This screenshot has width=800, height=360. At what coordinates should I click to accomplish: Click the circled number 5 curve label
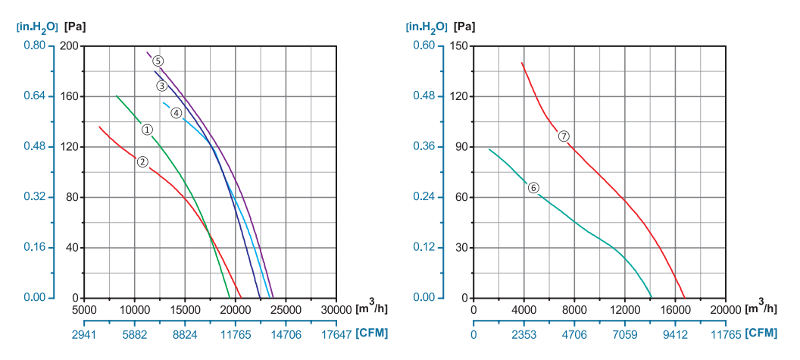158,61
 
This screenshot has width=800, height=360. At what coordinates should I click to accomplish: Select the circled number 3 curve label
161,86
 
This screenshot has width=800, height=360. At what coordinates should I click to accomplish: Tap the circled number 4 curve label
176,113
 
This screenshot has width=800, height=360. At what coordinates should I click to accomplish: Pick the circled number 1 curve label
148,130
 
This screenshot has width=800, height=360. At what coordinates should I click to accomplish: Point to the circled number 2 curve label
142,161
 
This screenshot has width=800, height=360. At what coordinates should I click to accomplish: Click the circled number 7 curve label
564,136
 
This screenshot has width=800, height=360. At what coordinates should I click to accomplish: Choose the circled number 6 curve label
533,187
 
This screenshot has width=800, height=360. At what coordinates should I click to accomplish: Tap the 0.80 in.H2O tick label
34,45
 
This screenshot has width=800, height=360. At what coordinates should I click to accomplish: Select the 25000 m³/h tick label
285,309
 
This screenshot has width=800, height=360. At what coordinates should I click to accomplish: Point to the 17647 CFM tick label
334,334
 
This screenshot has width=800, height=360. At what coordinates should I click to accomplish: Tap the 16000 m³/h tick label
674,309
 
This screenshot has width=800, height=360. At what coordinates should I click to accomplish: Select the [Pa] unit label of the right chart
466,27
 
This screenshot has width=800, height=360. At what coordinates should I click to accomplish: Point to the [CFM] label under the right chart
760,333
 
